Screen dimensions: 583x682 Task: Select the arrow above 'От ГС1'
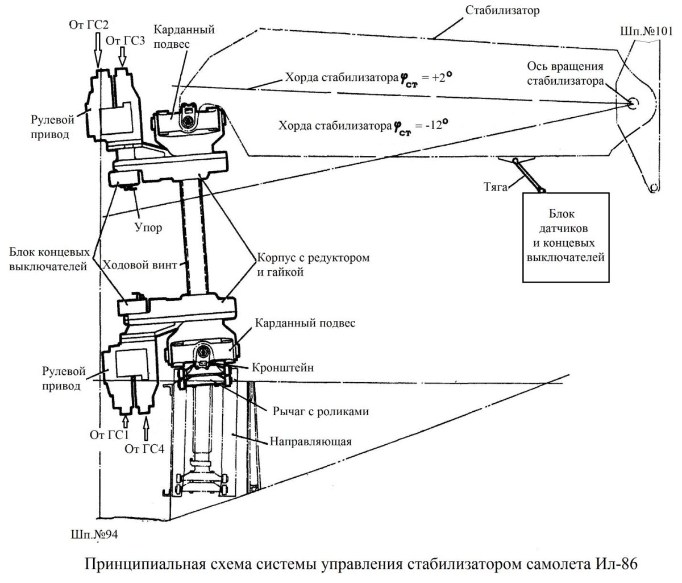[126, 421]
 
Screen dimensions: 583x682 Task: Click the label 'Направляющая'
[310, 441]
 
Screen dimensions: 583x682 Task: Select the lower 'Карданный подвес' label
[306, 322]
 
